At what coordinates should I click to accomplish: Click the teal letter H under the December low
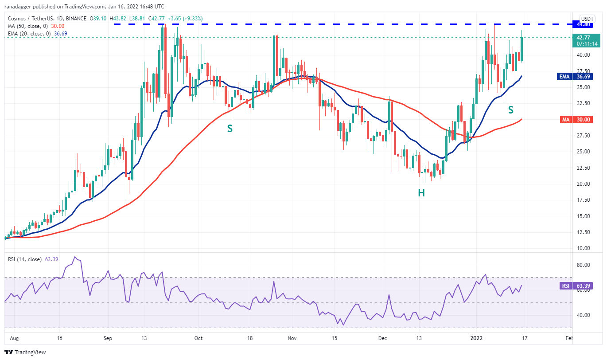tap(421, 192)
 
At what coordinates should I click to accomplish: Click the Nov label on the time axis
tap(292, 338)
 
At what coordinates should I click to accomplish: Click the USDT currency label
tap(587, 19)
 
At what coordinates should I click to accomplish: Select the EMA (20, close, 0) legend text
tap(30, 33)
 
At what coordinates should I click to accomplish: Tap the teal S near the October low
tap(230, 128)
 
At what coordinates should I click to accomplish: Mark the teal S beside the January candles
tap(510, 109)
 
